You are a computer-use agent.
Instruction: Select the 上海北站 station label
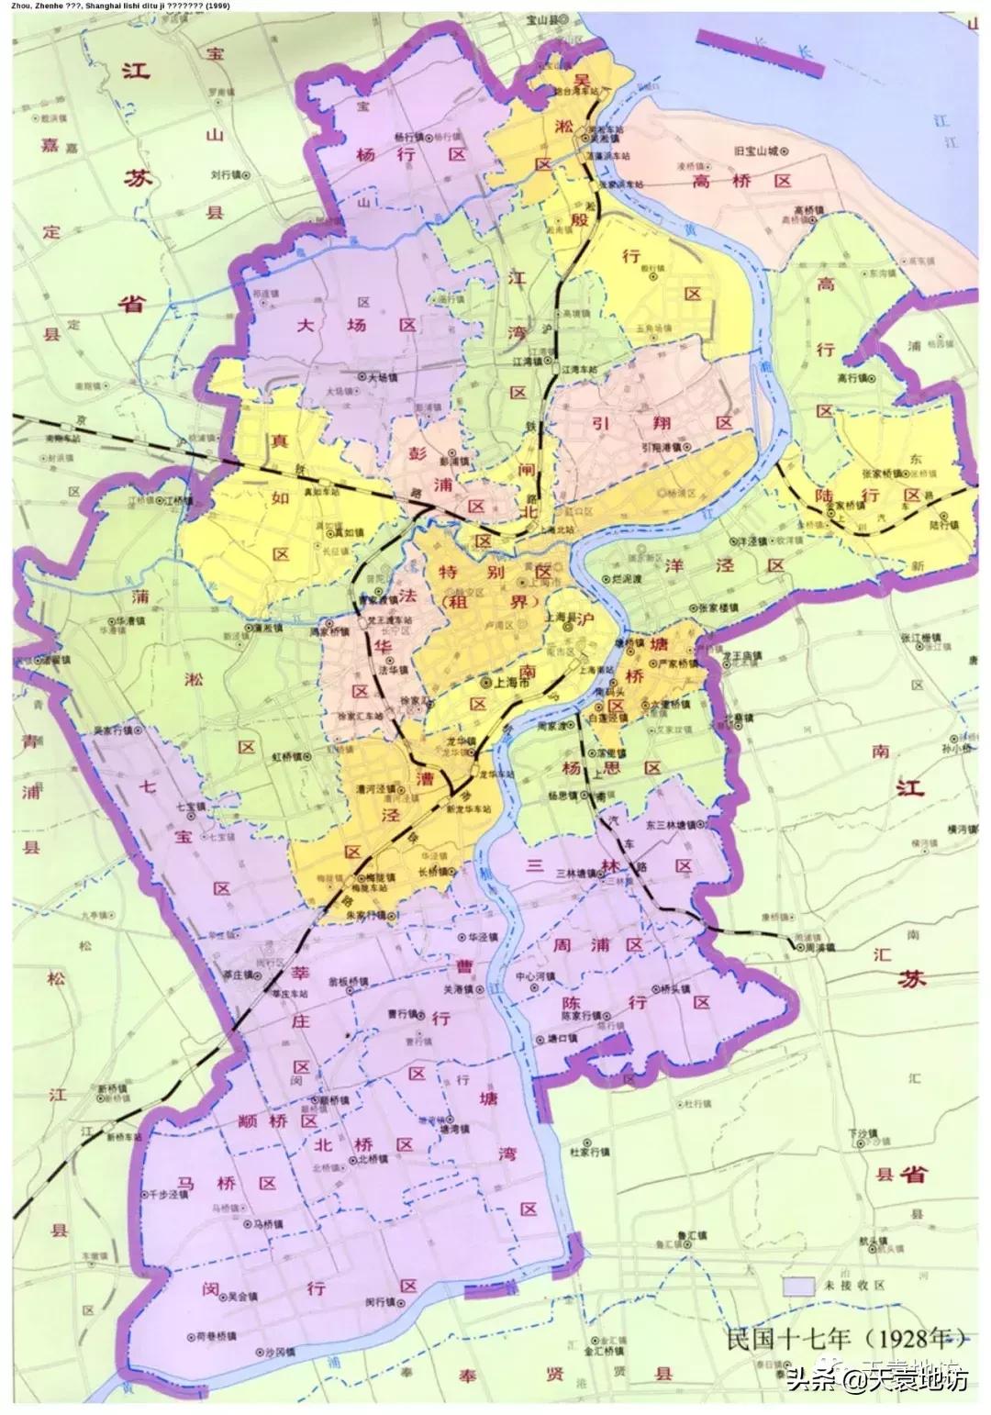click(556, 529)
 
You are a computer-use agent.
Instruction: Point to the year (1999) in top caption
click(218, 6)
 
